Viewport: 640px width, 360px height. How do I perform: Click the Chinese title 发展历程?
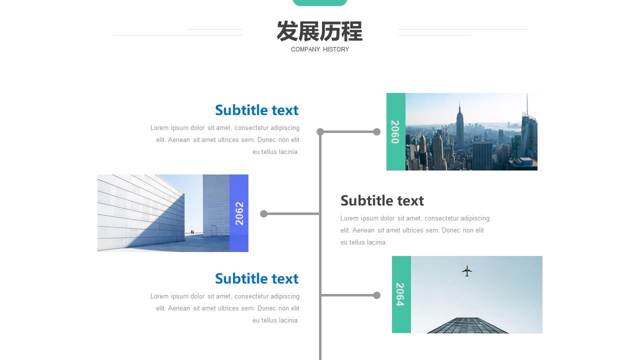click(319, 31)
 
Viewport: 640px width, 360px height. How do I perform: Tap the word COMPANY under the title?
click(305, 49)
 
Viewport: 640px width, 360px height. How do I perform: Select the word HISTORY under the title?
click(336, 49)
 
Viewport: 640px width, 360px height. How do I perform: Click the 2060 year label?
click(395, 131)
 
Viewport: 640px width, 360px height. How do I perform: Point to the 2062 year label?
click(239, 213)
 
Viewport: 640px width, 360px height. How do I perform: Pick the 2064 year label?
click(400, 294)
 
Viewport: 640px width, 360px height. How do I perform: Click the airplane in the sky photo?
click(467, 271)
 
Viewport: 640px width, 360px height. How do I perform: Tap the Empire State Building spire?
click(459, 106)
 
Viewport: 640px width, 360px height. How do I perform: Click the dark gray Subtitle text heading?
click(382, 200)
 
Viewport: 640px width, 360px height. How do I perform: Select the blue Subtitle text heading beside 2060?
click(256, 110)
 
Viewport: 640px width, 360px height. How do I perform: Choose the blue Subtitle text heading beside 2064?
click(256, 278)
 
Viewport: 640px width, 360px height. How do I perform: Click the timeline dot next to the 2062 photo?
click(263, 213)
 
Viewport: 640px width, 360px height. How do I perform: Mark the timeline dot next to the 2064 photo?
click(377, 295)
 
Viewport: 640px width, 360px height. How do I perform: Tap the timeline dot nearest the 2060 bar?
click(377, 131)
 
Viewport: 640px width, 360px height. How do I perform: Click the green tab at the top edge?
click(320, 2)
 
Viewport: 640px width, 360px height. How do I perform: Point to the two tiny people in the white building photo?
click(192, 232)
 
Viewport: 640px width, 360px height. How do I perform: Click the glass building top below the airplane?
click(467, 325)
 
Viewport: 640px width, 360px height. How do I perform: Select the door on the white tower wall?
click(213, 230)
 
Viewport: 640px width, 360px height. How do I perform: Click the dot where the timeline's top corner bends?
click(320, 131)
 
